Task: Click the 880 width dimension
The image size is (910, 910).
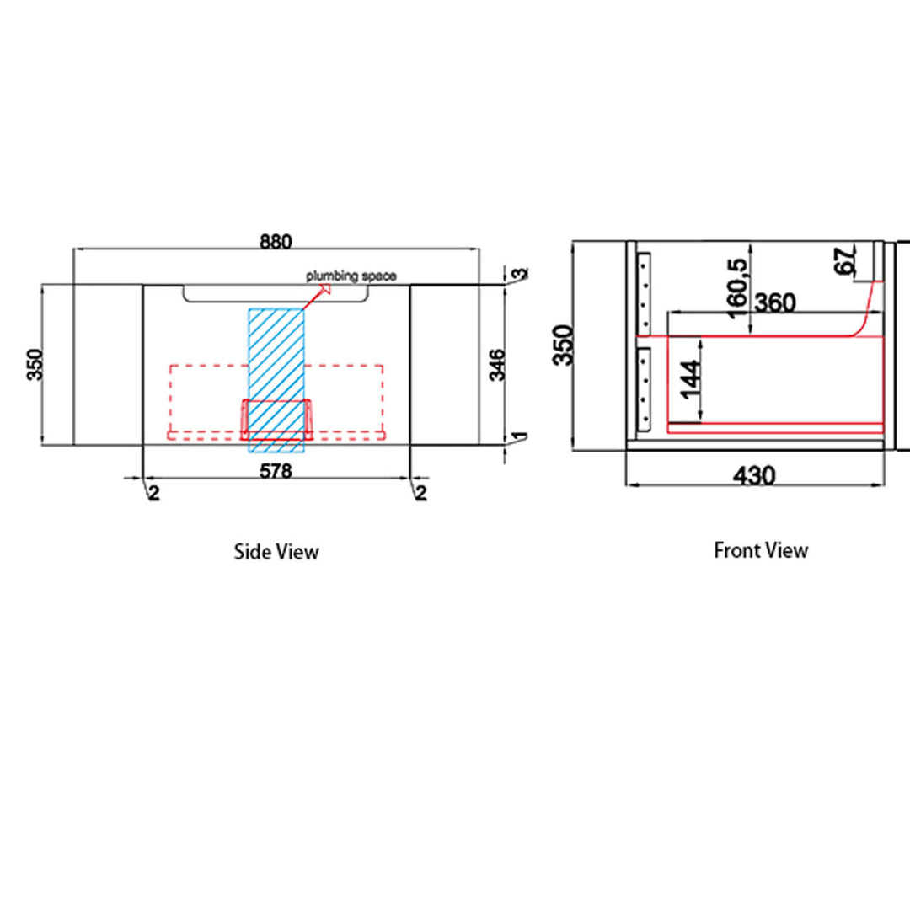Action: [276, 242]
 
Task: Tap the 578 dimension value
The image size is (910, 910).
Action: [276, 471]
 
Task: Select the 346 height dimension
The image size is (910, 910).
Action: [497, 365]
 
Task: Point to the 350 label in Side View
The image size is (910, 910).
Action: [35, 365]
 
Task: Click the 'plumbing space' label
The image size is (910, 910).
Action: [351, 276]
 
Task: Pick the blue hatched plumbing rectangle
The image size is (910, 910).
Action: [276, 380]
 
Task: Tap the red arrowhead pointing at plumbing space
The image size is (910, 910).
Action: [325, 288]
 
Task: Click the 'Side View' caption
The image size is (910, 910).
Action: [276, 551]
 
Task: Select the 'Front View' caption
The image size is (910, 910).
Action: [761, 550]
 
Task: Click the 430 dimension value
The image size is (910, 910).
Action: [754, 476]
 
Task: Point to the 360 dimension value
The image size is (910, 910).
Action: [774, 302]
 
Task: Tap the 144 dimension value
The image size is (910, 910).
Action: [690, 380]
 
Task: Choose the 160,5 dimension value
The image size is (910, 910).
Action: [737, 288]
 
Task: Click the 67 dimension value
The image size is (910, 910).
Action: [845, 260]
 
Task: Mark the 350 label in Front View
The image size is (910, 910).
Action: [562, 345]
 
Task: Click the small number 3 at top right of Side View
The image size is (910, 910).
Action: [522, 273]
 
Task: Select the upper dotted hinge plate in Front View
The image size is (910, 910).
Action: [644, 294]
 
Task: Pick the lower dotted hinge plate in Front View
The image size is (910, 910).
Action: [644, 389]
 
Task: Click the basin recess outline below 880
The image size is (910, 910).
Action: [276, 301]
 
